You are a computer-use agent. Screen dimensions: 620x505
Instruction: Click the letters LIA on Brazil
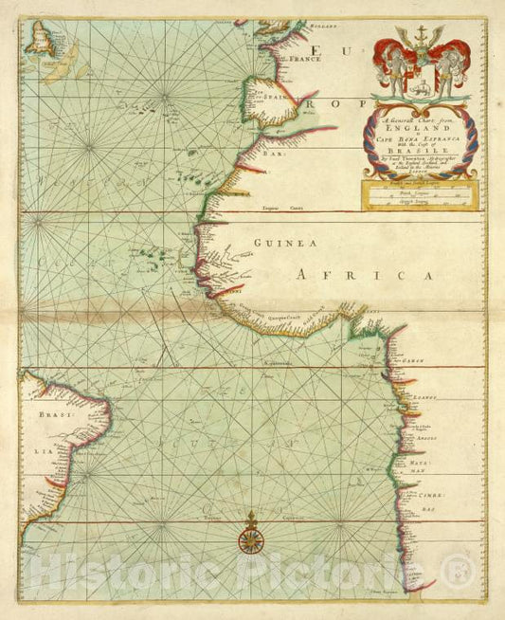[42, 451]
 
